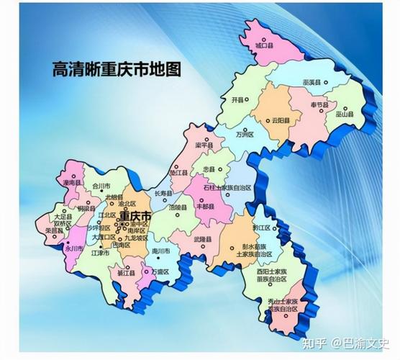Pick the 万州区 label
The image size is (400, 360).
pos(245,134)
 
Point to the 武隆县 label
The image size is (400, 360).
pos(204,238)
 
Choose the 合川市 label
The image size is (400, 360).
pos(102,185)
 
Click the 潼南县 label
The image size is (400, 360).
pos(71,183)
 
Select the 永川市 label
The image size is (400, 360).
pos(73,248)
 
